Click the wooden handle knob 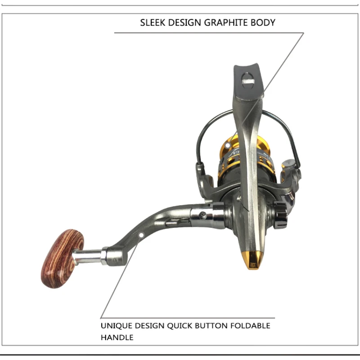(x=63, y=258)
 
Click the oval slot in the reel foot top (x=248, y=82)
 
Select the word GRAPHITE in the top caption (x=225, y=22)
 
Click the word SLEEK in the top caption (x=153, y=22)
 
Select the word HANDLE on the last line (x=117, y=337)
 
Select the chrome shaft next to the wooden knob (x=88, y=256)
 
